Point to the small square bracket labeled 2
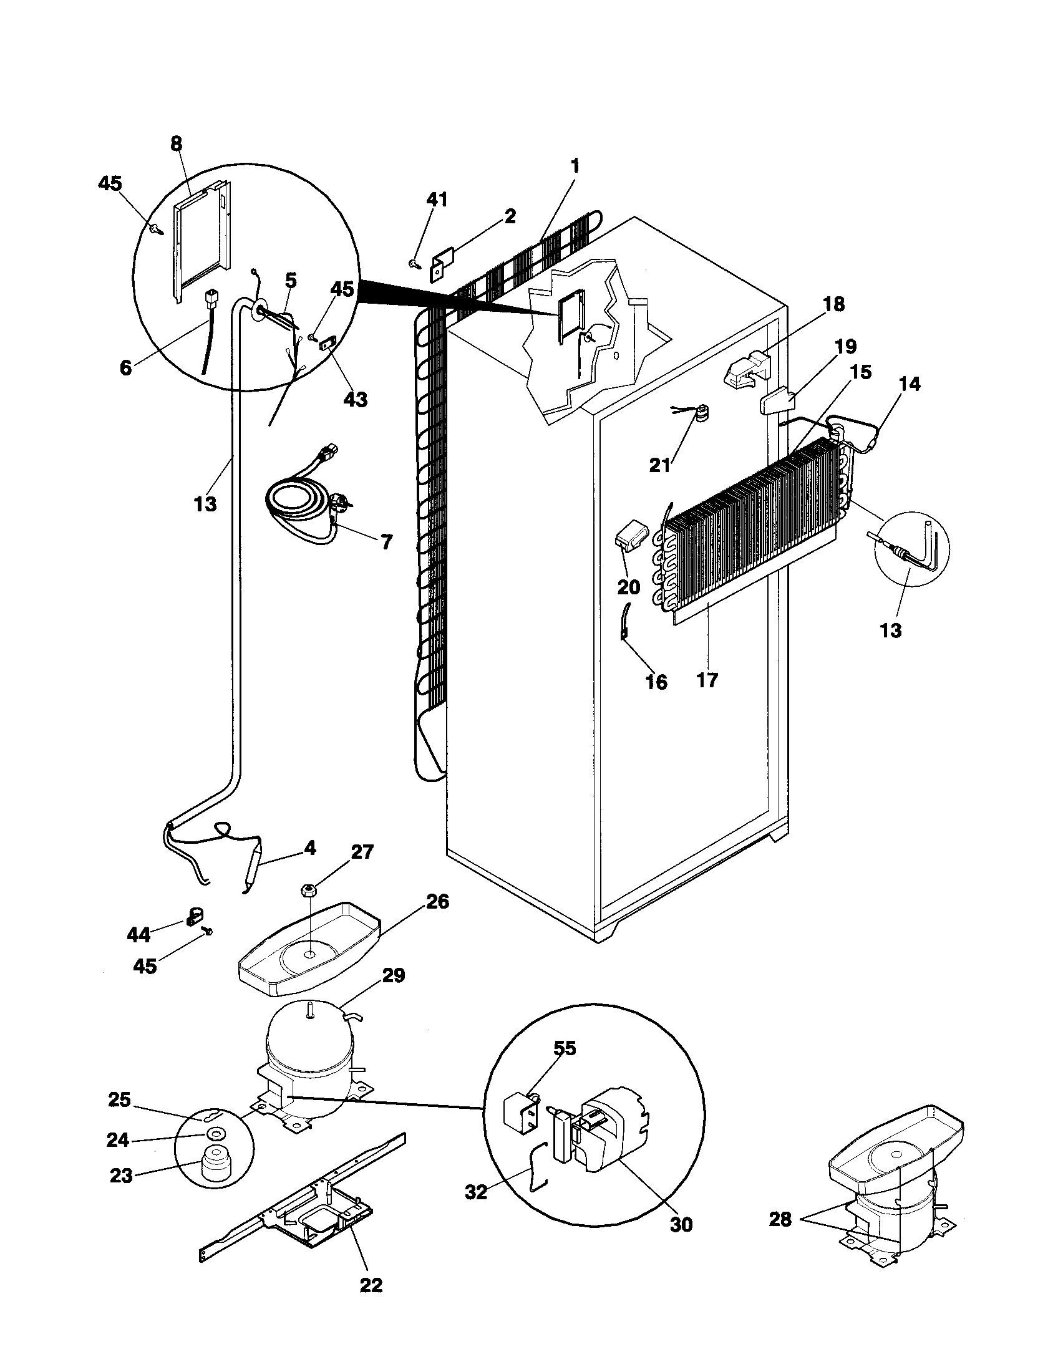(x=443, y=266)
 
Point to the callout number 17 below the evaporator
(x=707, y=679)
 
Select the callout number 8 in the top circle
(x=176, y=144)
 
